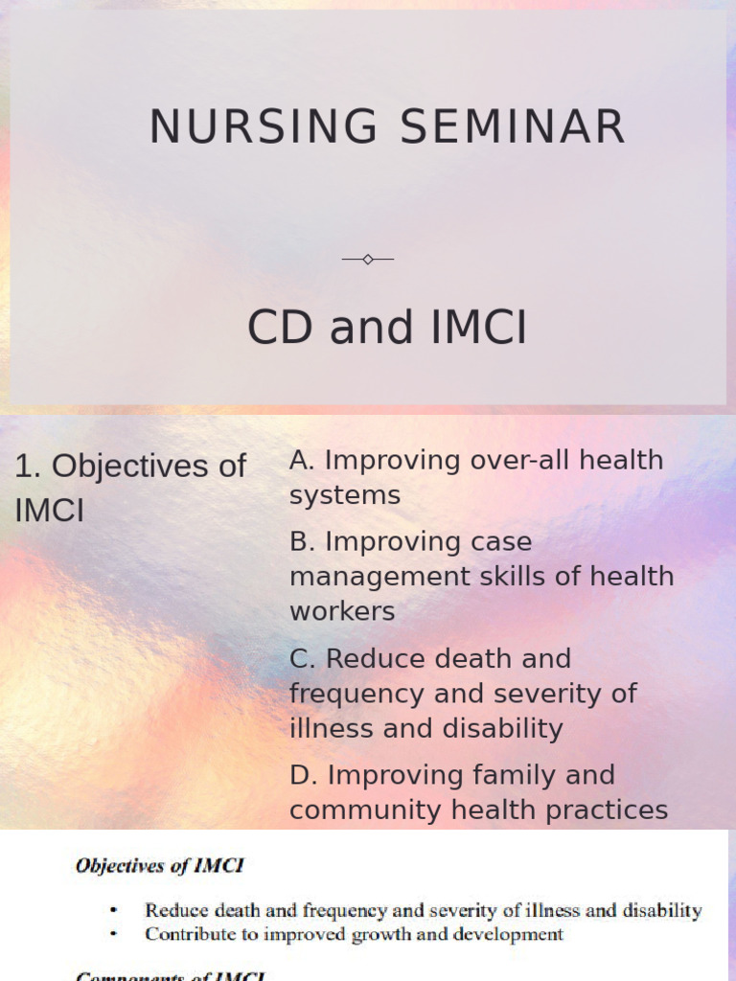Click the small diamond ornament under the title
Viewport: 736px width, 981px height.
(x=368, y=259)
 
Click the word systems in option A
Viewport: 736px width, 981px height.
(x=345, y=495)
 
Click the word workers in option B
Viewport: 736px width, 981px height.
(x=342, y=611)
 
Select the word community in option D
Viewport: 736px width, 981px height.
(x=365, y=810)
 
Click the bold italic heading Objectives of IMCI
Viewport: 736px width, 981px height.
(x=160, y=866)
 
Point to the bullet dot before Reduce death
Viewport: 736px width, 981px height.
(x=114, y=910)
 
